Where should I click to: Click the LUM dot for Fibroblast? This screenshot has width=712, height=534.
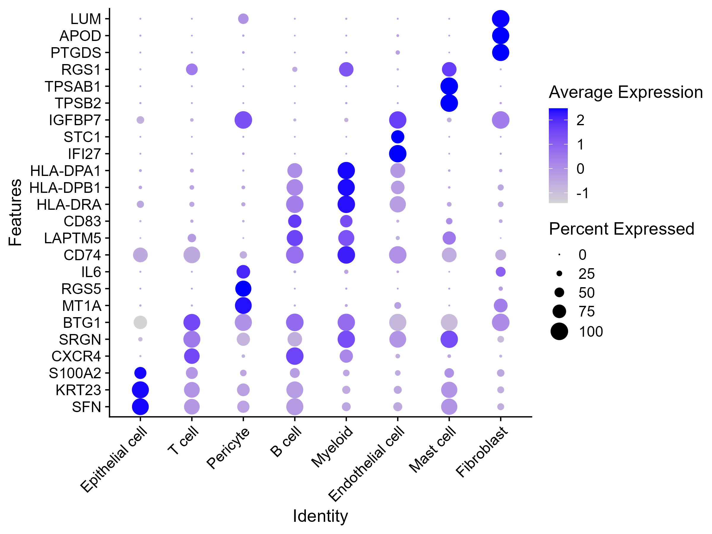click(500, 19)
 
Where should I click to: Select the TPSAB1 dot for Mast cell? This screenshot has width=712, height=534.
click(449, 86)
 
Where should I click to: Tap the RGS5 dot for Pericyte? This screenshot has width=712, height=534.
click(243, 289)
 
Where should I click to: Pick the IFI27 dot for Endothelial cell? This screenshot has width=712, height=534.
click(398, 154)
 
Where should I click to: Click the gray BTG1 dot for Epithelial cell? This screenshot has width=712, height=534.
click(140, 322)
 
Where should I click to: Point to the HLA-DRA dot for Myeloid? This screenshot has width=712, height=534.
click(346, 204)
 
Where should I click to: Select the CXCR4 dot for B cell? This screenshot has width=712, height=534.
click(295, 356)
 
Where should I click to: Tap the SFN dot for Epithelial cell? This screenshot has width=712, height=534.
click(140, 407)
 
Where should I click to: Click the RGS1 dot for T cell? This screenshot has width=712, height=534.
click(192, 69)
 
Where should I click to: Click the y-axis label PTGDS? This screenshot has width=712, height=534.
click(76, 53)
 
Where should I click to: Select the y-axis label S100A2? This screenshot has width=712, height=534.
click(75, 374)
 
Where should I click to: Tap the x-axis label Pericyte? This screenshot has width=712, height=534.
click(228, 448)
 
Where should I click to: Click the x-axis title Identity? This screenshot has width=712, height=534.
click(320, 516)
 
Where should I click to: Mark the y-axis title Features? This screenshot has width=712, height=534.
click(15, 212)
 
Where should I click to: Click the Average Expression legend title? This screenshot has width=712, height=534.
click(626, 92)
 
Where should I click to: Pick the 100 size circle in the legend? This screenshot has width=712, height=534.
click(559, 331)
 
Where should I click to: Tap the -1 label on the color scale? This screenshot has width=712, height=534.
click(582, 193)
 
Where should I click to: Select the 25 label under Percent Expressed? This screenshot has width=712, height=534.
click(587, 274)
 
